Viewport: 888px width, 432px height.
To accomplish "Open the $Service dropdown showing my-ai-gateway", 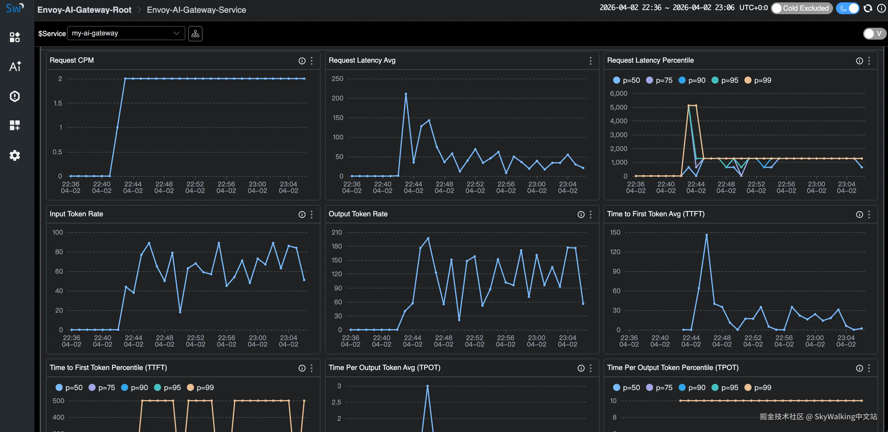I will tap(126, 33).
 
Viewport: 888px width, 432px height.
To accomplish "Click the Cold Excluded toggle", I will tap(801, 8).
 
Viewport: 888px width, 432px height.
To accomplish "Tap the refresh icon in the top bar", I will tap(868, 8).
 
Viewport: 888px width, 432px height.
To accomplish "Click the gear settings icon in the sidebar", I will tap(14, 155).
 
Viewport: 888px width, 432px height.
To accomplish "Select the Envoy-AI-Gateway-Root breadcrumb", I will tap(84, 10).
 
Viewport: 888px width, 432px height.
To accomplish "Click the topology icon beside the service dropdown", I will tap(195, 34).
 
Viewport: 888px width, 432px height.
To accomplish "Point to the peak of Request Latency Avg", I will tap(406, 94).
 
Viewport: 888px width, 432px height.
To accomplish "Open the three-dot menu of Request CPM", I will tap(312, 61).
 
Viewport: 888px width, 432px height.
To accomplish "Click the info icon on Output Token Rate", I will tap(581, 215).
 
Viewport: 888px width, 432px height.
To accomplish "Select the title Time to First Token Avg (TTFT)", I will tap(655, 214).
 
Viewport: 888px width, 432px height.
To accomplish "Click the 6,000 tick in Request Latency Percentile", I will tap(618, 94).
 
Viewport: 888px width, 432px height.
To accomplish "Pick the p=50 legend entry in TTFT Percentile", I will tap(69, 388).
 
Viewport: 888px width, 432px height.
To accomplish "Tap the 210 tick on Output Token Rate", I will tap(336, 233).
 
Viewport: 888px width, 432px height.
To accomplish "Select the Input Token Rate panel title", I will tap(76, 214).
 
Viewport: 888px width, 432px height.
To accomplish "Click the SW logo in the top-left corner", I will tap(14, 8).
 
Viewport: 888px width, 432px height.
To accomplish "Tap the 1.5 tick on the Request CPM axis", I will tap(58, 103).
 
